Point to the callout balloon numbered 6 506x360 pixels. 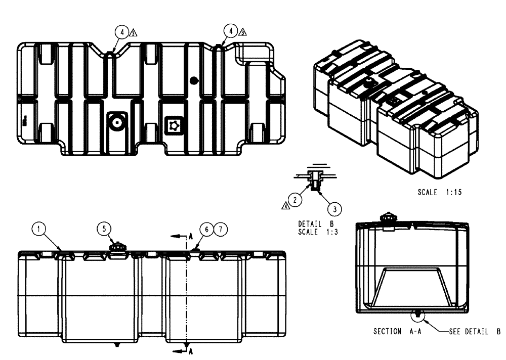(206, 229)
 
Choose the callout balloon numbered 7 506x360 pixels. (220, 229)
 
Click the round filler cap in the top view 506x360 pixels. (117, 122)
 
